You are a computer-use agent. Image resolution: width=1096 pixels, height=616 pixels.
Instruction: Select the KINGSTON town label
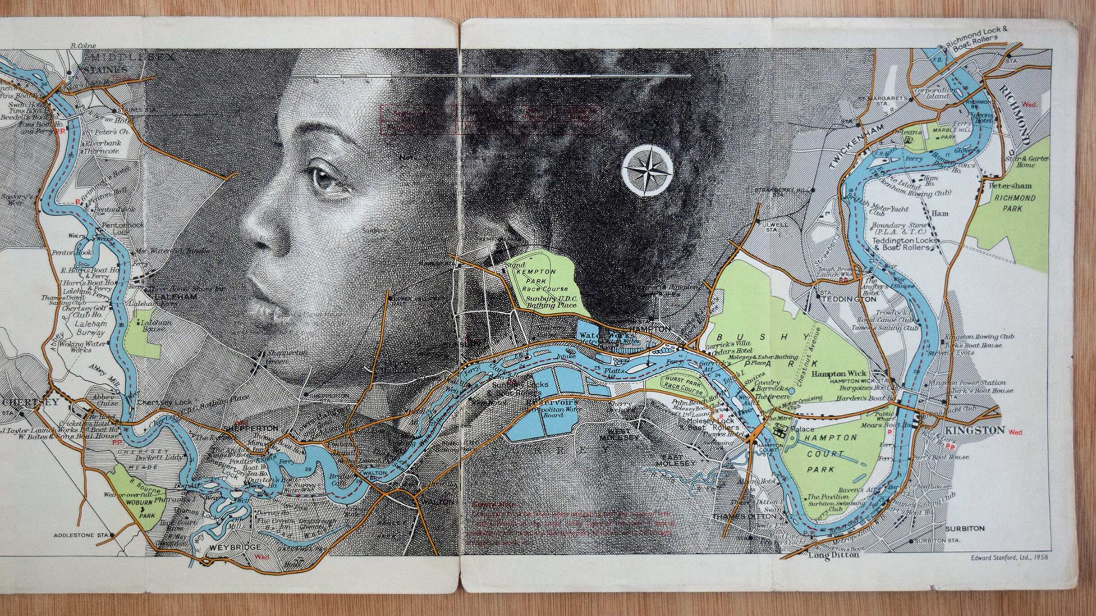974,430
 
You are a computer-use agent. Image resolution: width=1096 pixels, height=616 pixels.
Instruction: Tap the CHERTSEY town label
24,402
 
